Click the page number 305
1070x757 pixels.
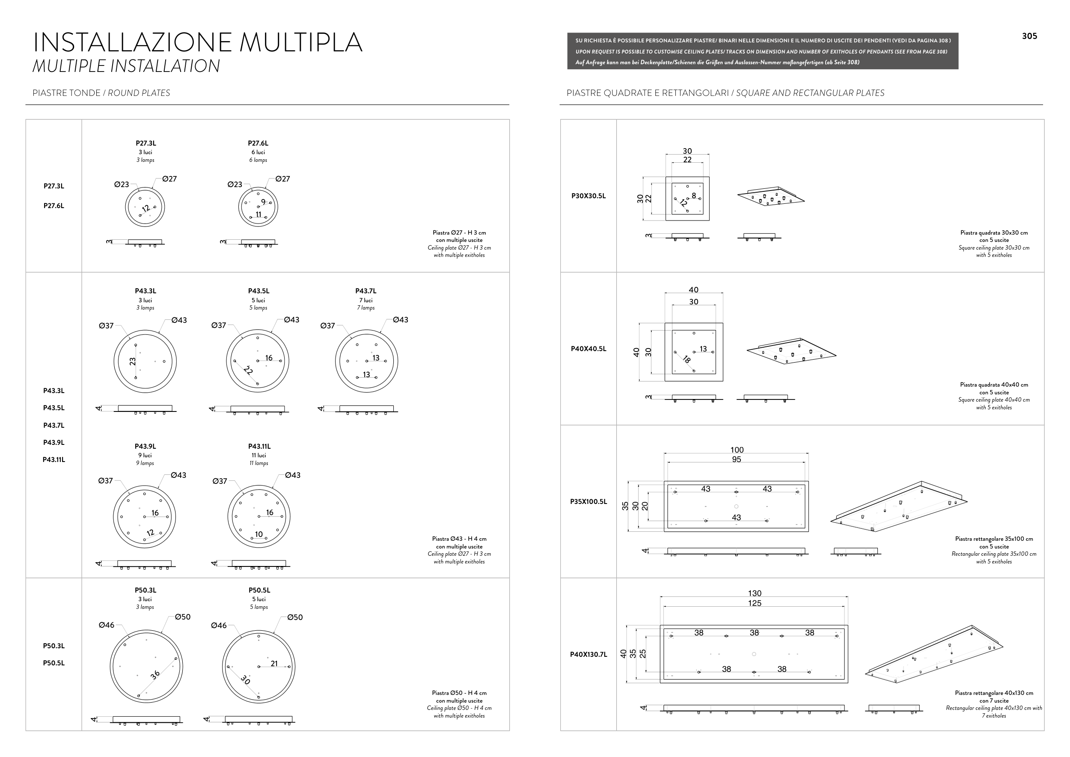(x=1029, y=36)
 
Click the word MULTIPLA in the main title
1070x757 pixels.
(x=300, y=42)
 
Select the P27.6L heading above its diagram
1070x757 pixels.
(x=258, y=143)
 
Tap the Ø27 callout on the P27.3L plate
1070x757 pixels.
(x=169, y=179)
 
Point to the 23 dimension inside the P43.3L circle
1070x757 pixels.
(x=133, y=361)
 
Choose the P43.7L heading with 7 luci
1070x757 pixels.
(x=366, y=291)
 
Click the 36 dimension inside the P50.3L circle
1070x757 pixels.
(x=155, y=674)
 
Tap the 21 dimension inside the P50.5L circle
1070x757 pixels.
(x=274, y=663)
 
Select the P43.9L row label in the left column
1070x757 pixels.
(x=53, y=442)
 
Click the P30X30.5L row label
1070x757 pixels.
(x=588, y=196)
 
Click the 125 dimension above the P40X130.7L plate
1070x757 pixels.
(x=755, y=603)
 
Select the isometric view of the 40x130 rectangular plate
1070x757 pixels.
(x=933, y=654)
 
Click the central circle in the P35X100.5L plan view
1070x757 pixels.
(x=736, y=506)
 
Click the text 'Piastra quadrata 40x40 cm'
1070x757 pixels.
(x=993, y=385)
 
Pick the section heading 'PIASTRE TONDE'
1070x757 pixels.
(x=66, y=93)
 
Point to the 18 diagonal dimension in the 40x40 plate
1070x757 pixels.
(x=686, y=359)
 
